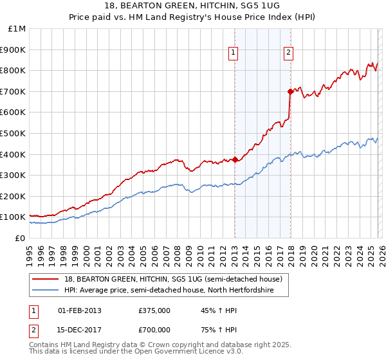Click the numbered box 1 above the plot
coord(232,53)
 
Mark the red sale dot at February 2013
coord(235,159)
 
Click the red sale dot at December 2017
coord(291,91)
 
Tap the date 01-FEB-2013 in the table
coord(80,310)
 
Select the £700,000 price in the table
coord(154,329)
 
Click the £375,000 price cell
coord(154,310)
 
